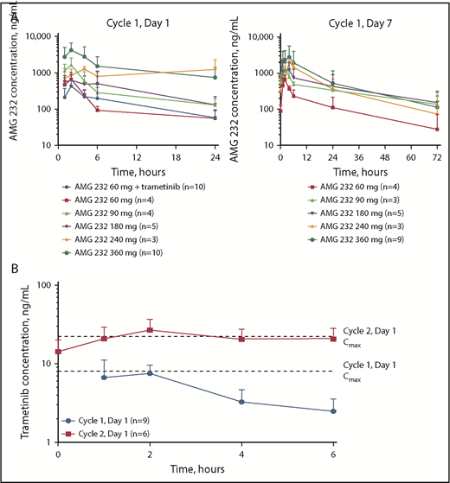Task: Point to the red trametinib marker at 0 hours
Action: point(58,352)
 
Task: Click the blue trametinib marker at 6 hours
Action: point(333,411)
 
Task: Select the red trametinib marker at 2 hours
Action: point(150,330)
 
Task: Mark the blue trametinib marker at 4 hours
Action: point(241,402)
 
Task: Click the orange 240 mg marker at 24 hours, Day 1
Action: point(215,69)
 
